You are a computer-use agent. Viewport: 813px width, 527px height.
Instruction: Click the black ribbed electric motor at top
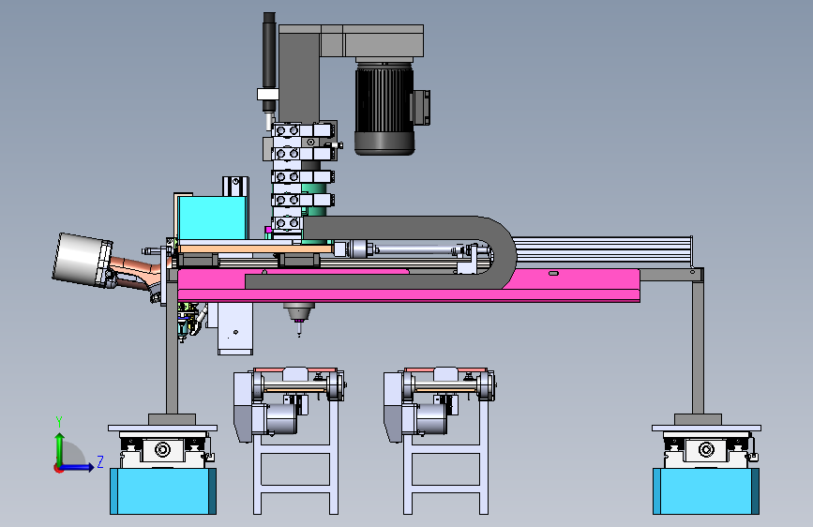point(384,108)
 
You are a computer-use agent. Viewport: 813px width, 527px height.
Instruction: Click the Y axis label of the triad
point(59,422)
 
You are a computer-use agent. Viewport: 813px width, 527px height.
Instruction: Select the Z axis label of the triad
point(100,461)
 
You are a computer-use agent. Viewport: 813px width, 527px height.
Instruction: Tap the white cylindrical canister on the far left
point(82,260)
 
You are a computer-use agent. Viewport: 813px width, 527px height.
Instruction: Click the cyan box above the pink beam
point(211,218)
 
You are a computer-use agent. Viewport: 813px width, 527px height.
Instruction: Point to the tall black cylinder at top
point(269,62)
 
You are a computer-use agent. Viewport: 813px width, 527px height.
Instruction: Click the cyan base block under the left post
point(163,491)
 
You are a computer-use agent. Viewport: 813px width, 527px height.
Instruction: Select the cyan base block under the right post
point(706,491)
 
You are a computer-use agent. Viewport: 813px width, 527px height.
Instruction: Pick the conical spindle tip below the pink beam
point(298,313)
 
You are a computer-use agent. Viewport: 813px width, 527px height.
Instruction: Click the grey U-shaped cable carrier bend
point(499,252)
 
